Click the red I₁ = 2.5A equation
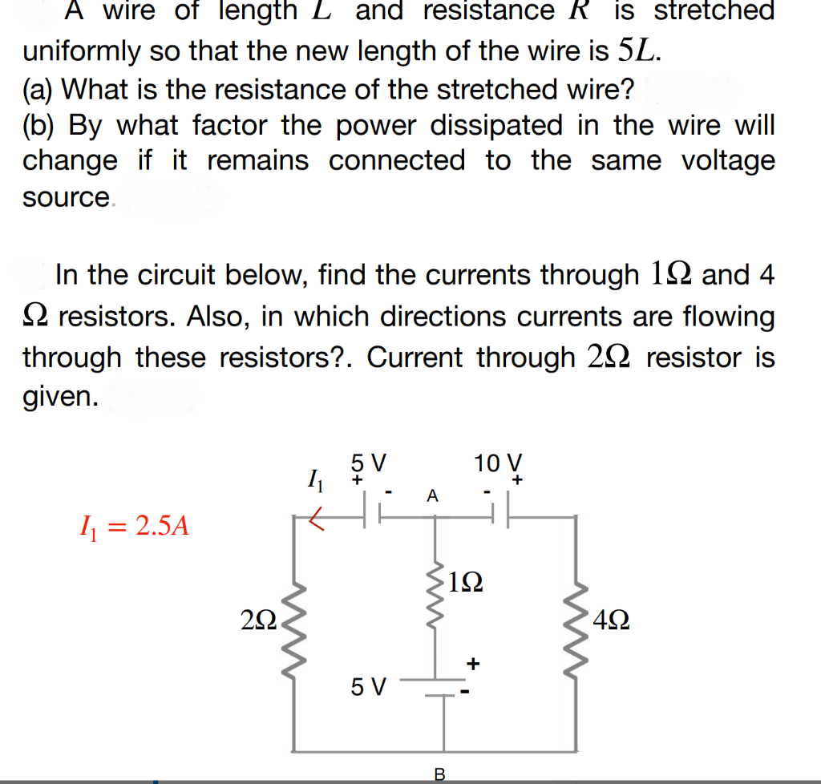(x=132, y=527)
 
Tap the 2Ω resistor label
(x=258, y=620)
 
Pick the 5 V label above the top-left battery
(x=369, y=463)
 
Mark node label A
(x=433, y=496)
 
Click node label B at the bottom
(x=439, y=774)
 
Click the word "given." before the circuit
(x=61, y=397)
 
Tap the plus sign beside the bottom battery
(x=473, y=663)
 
